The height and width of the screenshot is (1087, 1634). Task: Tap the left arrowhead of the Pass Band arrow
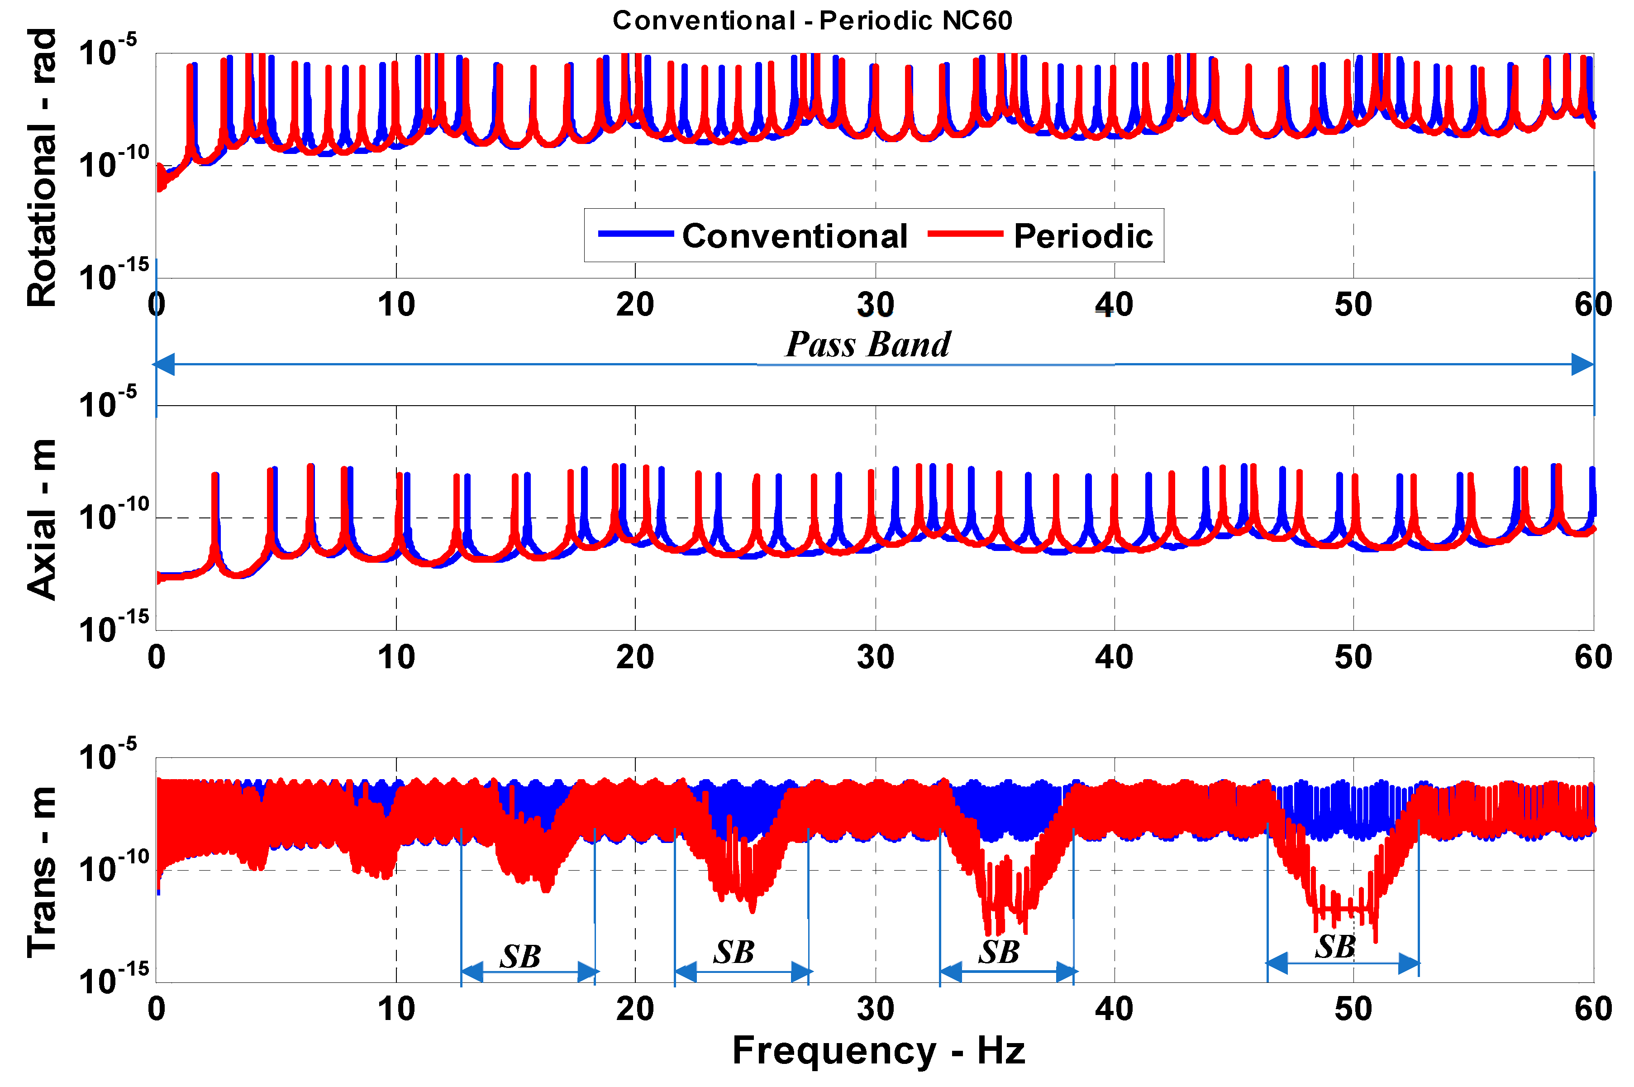click(x=163, y=364)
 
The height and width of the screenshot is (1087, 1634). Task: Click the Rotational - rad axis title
click(x=42, y=168)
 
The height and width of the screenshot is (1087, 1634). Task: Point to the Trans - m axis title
click(x=42, y=872)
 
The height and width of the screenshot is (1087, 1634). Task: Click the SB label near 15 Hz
click(x=520, y=957)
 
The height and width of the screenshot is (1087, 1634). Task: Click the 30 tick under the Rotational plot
click(x=875, y=305)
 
